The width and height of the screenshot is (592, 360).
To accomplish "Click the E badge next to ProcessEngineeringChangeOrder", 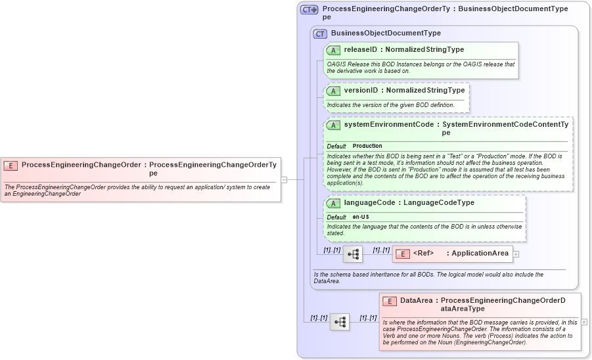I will (11, 166).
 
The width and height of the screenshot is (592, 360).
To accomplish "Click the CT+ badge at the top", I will (309, 10).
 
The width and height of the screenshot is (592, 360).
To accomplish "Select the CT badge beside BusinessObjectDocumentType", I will (320, 34).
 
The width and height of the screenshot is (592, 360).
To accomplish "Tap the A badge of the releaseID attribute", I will (333, 50).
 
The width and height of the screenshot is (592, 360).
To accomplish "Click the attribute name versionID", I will (361, 91).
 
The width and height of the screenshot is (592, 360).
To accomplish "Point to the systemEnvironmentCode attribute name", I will (388, 124).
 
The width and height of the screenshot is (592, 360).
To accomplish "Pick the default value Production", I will (367, 146).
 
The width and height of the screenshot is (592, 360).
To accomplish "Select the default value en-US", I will (360, 217).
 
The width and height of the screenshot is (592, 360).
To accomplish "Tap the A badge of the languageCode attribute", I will (333, 204).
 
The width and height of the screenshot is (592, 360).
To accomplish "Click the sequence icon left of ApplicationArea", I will (352, 254).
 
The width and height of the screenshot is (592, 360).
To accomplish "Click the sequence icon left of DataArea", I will (340, 322).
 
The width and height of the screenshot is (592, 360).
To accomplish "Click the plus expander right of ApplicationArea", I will (516, 254).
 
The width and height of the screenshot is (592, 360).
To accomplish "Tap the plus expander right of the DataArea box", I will (584, 322).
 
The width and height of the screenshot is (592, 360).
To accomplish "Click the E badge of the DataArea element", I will (389, 301).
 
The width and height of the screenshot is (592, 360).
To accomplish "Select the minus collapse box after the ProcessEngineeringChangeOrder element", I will (284, 179).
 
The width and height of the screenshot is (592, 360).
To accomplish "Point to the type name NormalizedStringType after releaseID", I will (424, 49).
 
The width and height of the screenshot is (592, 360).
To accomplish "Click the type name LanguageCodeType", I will (438, 203).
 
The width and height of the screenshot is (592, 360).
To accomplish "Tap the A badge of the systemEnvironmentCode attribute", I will (333, 125).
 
